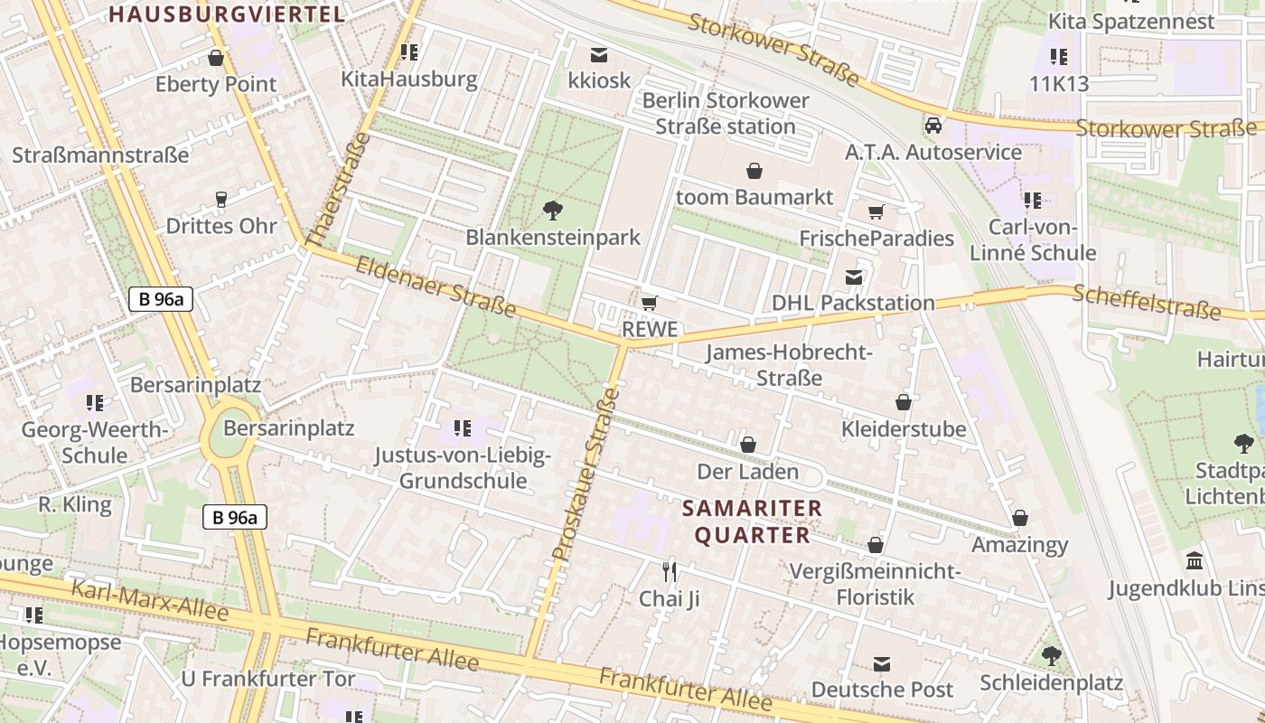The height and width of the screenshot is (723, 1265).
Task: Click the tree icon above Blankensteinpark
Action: [553, 211]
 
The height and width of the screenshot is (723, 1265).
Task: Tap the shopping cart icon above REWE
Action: [649, 303]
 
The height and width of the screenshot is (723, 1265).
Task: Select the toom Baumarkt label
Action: [754, 196]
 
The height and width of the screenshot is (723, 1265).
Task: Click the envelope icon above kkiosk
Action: [599, 54]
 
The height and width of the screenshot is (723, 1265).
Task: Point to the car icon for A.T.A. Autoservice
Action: [933, 126]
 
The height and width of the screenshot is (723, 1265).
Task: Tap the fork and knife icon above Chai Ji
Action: [670, 571]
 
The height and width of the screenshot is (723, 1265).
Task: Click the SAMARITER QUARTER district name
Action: [752, 521]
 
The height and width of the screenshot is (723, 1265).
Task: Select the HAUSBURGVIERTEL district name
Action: [228, 14]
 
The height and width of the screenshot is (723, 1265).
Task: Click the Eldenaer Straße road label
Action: [436, 287]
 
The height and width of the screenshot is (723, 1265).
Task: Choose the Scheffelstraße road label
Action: [1146, 302]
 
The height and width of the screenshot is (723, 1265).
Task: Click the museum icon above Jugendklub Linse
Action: [1195, 561]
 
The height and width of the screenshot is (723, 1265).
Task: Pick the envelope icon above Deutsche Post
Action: [882, 664]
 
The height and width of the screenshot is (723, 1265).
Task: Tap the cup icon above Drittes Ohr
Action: [220, 200]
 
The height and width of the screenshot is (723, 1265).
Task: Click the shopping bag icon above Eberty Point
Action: [216, 59]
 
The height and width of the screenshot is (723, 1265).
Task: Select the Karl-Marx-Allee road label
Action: [150, 600]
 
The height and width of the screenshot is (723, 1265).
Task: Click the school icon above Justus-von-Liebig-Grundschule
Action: [463, 428]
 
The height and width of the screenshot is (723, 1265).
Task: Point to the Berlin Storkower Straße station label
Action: [726, 113]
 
